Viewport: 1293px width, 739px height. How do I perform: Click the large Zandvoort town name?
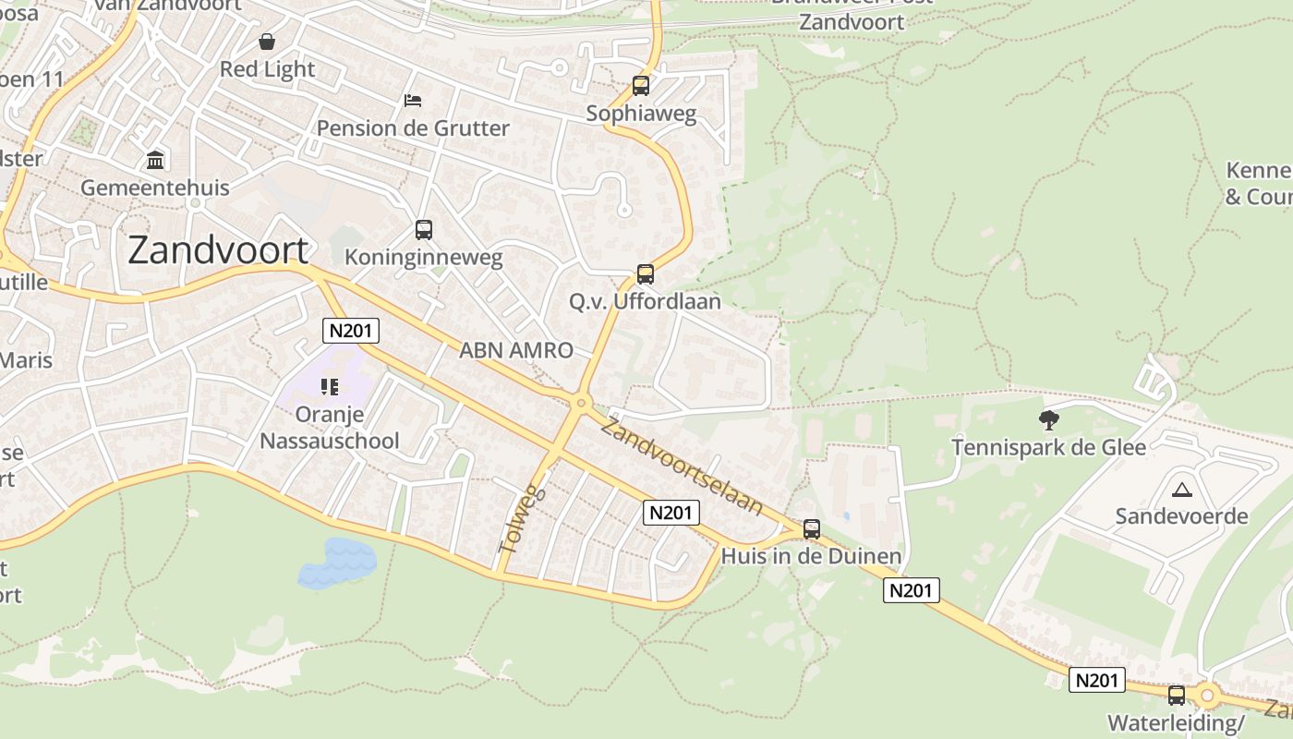218,249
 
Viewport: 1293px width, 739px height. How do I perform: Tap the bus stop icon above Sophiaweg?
641,86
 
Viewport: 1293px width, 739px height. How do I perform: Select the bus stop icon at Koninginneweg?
424,229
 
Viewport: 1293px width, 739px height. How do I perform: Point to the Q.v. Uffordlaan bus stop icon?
646,273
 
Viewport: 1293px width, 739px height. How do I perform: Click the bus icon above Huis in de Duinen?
812,528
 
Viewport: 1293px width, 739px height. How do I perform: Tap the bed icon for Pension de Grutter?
413,100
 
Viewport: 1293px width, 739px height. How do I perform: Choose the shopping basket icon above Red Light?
267,42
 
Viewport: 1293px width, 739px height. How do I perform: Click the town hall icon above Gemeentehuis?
155,161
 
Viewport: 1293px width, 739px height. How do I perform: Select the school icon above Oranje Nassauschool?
330,387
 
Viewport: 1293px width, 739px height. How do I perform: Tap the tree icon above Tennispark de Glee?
1048,420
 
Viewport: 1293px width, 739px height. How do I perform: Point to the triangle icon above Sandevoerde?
1181,490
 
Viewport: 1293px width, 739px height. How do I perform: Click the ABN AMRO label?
516,350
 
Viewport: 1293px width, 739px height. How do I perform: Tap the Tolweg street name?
521,519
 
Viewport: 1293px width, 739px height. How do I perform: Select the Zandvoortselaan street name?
683,466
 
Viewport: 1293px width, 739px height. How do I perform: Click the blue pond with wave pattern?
337,563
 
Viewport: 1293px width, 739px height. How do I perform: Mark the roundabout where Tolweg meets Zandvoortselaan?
581,402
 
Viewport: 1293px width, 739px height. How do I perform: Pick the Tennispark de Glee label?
1048,448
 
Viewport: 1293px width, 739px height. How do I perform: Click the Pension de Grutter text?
413,127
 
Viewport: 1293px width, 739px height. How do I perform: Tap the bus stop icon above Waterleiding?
1177,695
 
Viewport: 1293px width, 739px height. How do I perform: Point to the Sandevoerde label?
1181,515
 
